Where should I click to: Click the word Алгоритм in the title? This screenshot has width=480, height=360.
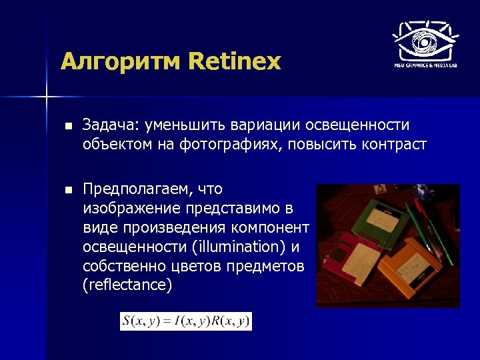121,62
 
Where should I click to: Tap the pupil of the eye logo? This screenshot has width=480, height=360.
423,43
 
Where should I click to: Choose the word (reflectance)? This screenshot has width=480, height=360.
127,285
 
